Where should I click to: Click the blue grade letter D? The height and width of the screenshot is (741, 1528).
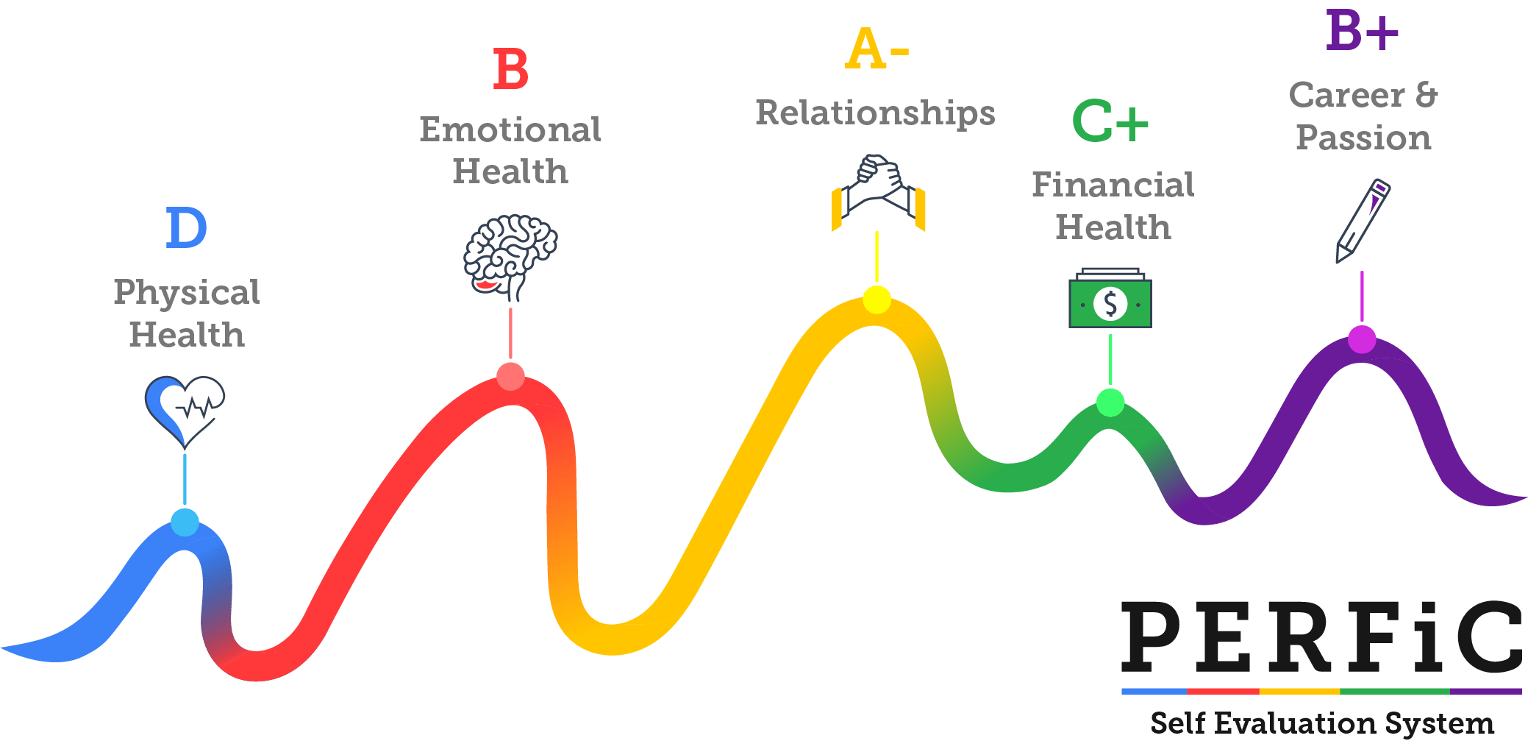(x=187, y=228)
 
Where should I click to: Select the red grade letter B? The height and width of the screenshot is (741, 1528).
(x=510, y=70)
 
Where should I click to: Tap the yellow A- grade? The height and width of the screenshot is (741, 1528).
(x=877, y=49)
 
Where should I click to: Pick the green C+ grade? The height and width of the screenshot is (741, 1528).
(x=1110, y=121)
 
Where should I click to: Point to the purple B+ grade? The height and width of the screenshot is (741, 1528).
(x=1362, y=31)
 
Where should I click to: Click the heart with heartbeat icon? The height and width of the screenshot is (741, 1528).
(x=185, y=409)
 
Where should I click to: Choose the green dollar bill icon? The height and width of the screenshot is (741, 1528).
(x=1110, y=299)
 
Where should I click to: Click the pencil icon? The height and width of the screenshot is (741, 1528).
(x=1362, y=220)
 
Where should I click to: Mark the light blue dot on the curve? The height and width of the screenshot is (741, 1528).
(x=185, y=522)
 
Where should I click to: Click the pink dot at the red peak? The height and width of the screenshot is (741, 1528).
(x=510, y=376)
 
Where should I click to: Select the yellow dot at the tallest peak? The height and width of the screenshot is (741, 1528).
(x=877, y=299)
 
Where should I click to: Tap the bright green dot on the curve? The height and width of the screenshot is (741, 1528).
(x=1110, y=403)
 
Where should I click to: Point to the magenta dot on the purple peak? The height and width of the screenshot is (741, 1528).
(x=1362, y=339)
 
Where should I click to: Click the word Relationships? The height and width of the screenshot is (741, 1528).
(x=875, y=113)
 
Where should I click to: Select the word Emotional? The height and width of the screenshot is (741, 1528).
(x=510, y=130)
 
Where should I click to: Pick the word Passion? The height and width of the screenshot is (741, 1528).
(x=1363, y=138)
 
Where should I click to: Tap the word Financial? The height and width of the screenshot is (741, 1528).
(x=1113, y=185)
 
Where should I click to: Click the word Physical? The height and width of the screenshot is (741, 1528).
(x=186, y=293)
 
